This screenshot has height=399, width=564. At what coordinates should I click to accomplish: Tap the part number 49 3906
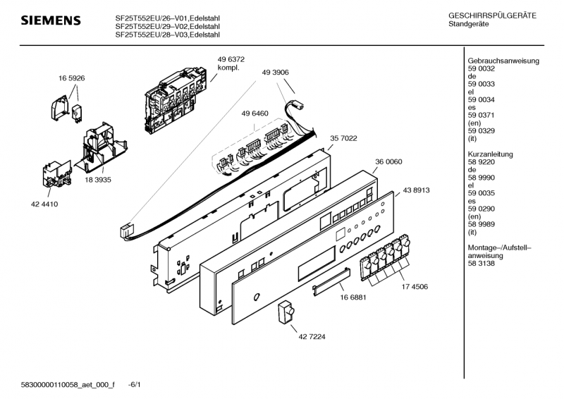pos(275,72)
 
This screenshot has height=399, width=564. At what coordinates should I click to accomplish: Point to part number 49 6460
pos(255,113)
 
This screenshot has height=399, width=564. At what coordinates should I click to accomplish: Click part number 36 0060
pos(388,161)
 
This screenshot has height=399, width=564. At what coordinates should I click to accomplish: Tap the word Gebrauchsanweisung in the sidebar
pos(503,61)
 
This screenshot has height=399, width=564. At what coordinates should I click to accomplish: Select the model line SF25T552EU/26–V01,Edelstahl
pos(167,18)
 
